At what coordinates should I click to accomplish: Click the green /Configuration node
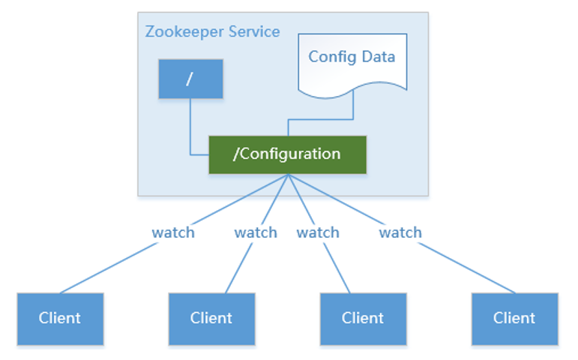287,154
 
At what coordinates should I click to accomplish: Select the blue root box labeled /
190,79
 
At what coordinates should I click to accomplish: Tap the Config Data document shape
352,64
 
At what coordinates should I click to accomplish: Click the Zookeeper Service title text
212,31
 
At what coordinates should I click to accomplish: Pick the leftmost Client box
60,318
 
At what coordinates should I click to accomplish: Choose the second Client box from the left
211,318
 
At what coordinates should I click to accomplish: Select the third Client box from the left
363,318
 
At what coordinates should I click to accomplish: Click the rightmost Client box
514,318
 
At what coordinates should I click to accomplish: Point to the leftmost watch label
173,232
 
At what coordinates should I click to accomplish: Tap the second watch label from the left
256,232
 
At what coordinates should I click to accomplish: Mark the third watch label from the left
318,232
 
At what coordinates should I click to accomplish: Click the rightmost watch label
400,232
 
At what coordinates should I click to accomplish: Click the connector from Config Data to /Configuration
322,118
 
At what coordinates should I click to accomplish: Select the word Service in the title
253,31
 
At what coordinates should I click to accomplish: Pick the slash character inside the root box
190,79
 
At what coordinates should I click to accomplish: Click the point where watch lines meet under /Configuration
289,175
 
